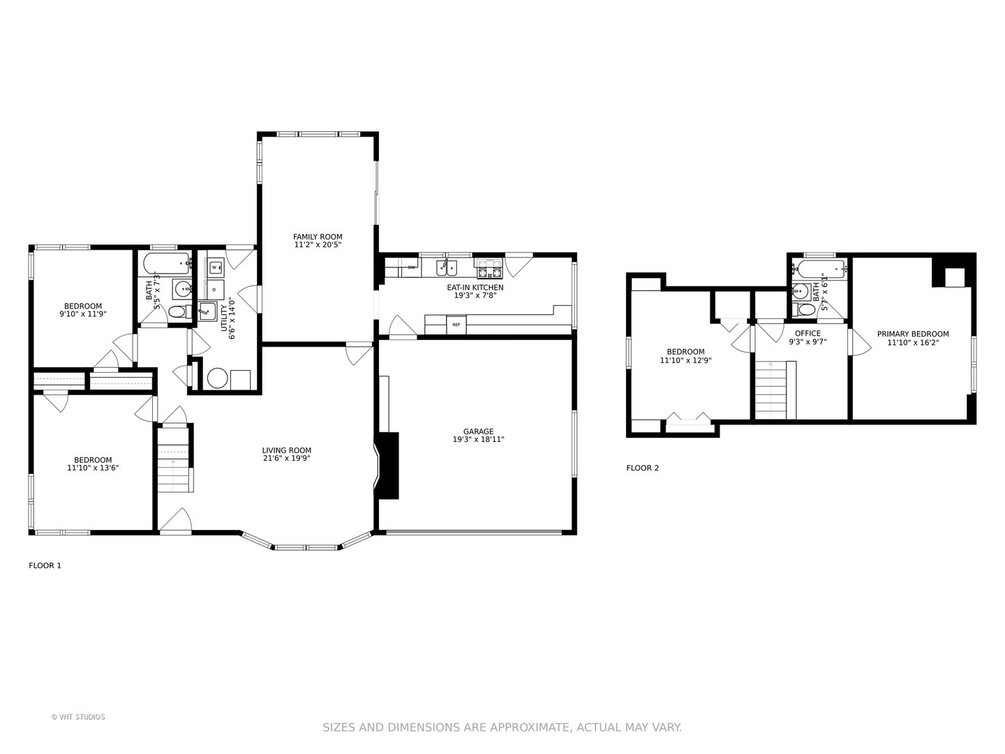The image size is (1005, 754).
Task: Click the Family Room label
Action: pos(318,237)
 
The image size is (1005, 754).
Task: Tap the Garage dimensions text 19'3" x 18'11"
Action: pos(478,440)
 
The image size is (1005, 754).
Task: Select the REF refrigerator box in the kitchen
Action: pos(456,325)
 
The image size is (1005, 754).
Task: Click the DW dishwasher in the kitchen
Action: pos(410,267)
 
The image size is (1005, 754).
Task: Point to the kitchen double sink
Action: pos(446,268)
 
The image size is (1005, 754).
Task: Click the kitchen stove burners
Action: pos(489,269)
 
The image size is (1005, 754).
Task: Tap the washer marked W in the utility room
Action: pos(215,267)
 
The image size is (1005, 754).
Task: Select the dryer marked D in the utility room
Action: pos(215,289)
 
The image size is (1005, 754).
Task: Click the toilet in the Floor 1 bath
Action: pos(180,312)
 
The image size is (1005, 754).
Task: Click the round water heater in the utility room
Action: pos(217,378)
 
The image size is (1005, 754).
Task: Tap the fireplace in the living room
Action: pos(387,465)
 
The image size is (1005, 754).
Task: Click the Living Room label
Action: pos(287,450)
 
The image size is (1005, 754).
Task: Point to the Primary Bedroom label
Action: pos(912,334)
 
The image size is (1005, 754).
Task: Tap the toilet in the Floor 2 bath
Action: pos(804,310)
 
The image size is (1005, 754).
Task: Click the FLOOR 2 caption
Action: pos(642,468)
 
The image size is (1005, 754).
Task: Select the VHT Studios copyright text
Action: pos(78,717)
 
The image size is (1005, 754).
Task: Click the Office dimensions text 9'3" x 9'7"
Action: pos(807,341)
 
